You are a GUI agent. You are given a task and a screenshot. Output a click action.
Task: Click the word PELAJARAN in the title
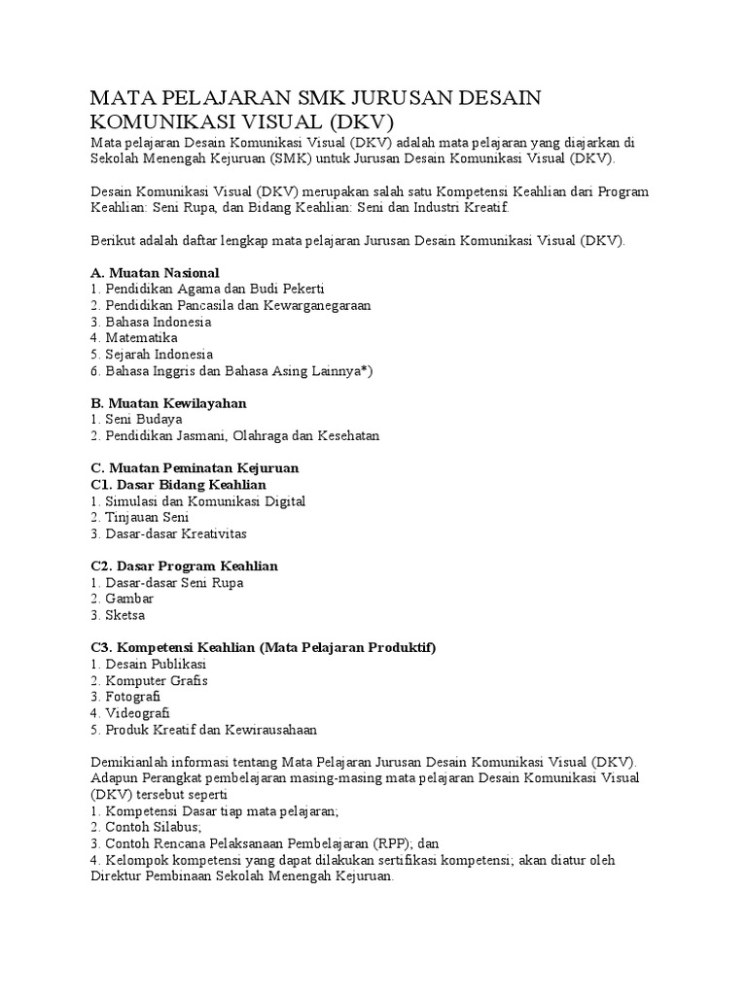225,98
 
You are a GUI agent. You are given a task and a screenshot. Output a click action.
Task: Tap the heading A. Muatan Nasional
155,272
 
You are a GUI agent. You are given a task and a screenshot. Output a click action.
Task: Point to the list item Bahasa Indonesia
150,322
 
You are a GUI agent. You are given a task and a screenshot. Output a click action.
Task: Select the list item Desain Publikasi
156,664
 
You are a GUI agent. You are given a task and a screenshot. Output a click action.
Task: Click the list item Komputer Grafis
155,680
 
